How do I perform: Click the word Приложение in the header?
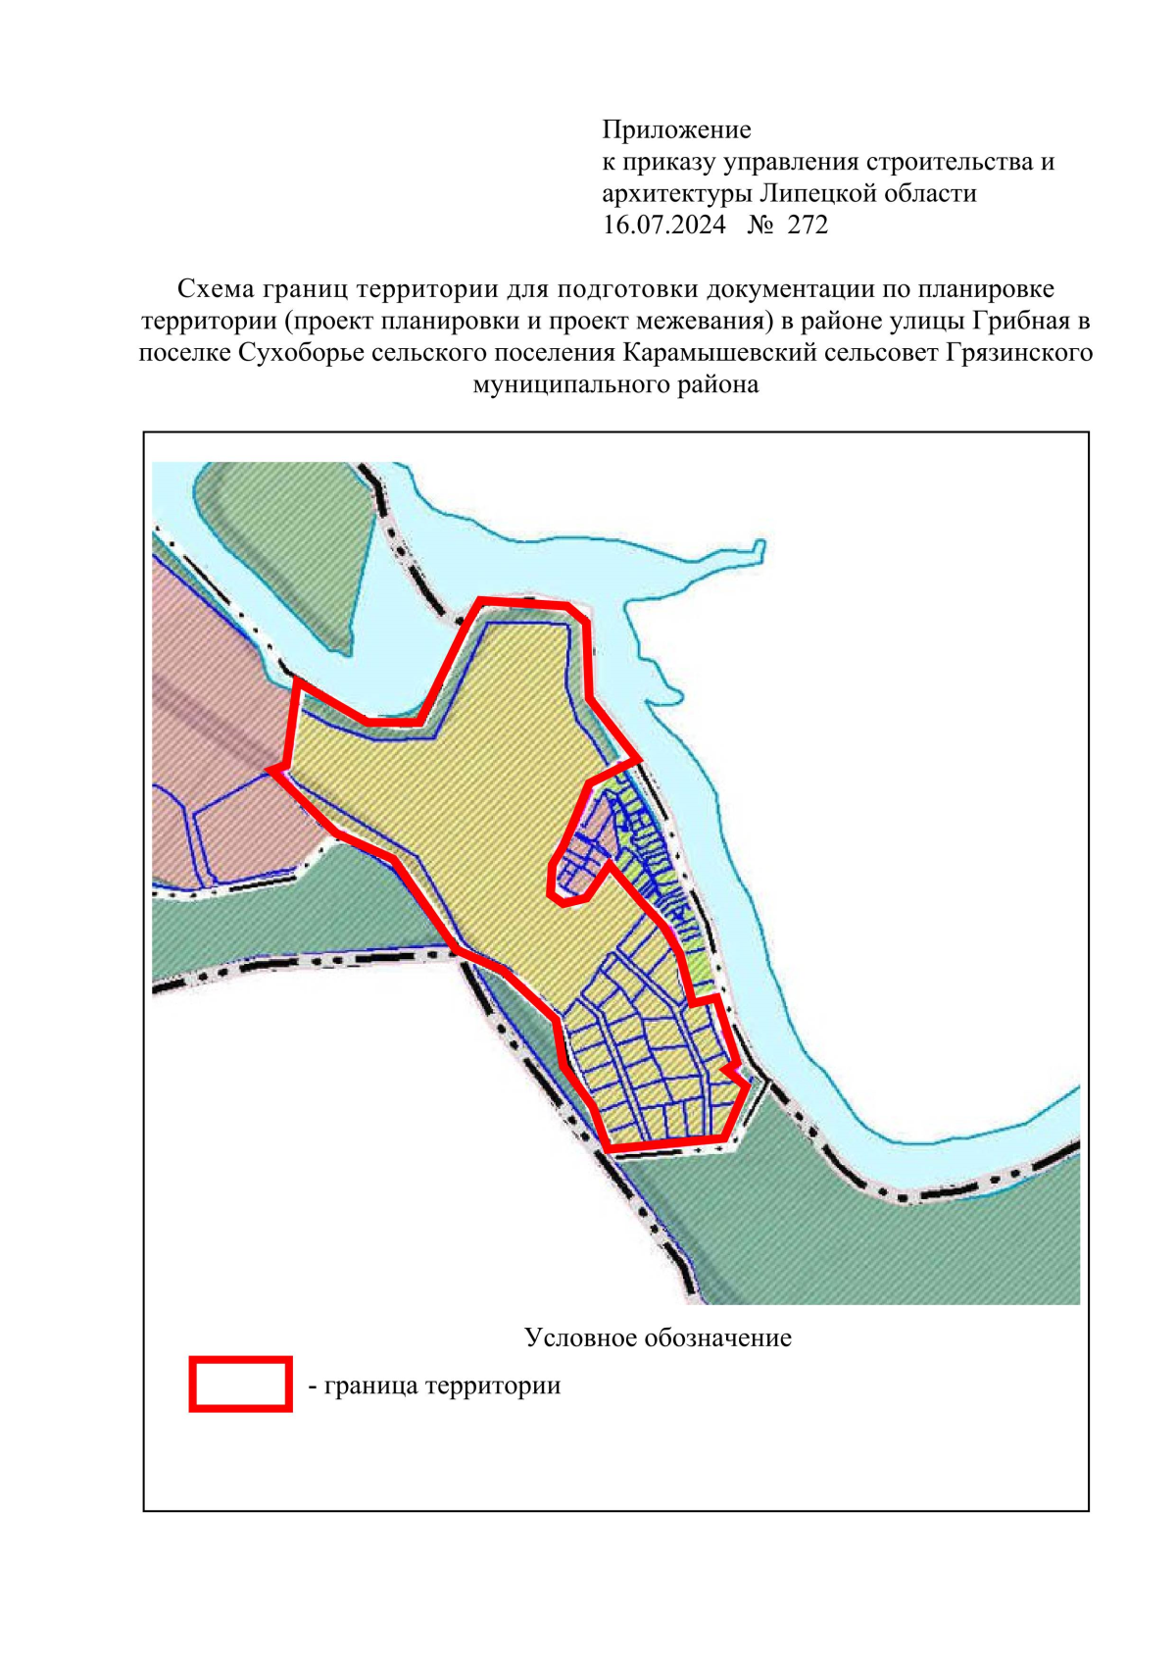click(676, 129)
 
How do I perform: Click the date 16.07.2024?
click(663, 225)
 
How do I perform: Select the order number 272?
click(808, 225)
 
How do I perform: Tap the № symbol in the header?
click(759, 225)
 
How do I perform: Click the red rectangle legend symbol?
click(240, 1384)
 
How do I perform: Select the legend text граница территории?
click(442, 1386)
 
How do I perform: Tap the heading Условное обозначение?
click(658, 1337)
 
